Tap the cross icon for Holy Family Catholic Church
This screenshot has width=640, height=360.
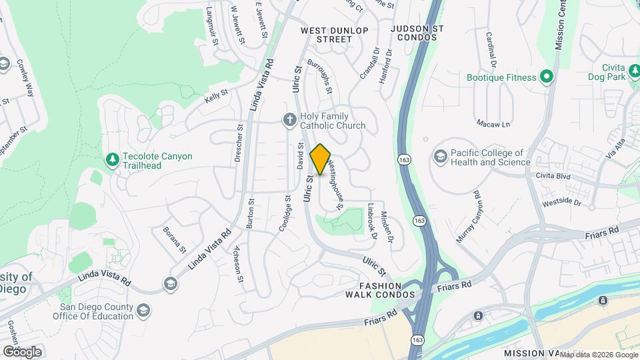point(289,120)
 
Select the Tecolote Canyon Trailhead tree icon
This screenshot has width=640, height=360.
point(112,160)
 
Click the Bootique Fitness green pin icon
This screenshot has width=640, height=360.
point(547,77)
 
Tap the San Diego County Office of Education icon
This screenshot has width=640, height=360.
point(143,311)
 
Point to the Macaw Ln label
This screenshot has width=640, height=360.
point(493,124)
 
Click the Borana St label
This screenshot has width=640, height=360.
point(174,239)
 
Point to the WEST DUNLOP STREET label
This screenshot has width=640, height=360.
point(335,35)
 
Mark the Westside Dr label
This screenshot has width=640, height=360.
point(563,201)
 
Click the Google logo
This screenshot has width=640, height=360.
point(22,352)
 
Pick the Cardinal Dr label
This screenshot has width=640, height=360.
point(491,49)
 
